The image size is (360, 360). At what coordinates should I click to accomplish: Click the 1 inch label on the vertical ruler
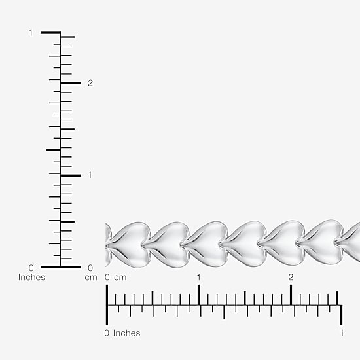(x=31, y=33)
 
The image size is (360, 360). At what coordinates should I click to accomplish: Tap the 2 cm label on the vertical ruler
(x=90, y=83)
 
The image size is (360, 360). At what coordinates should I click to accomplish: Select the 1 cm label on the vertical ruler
(x=90, y=175)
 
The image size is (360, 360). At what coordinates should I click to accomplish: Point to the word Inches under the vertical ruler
(x=31, y=278)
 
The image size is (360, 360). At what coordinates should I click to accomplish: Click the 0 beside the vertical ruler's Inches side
(x=31, y=268)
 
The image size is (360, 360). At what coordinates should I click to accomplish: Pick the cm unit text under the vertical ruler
(x=91, y=278)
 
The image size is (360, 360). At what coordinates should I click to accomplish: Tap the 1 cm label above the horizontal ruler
(x=199, y=278)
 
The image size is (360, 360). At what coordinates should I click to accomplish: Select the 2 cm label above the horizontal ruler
(x=291, y=278)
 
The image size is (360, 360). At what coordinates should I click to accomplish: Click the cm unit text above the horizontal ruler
(x=120, y=278)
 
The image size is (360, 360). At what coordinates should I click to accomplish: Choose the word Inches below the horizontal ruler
(x=127, y=333)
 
